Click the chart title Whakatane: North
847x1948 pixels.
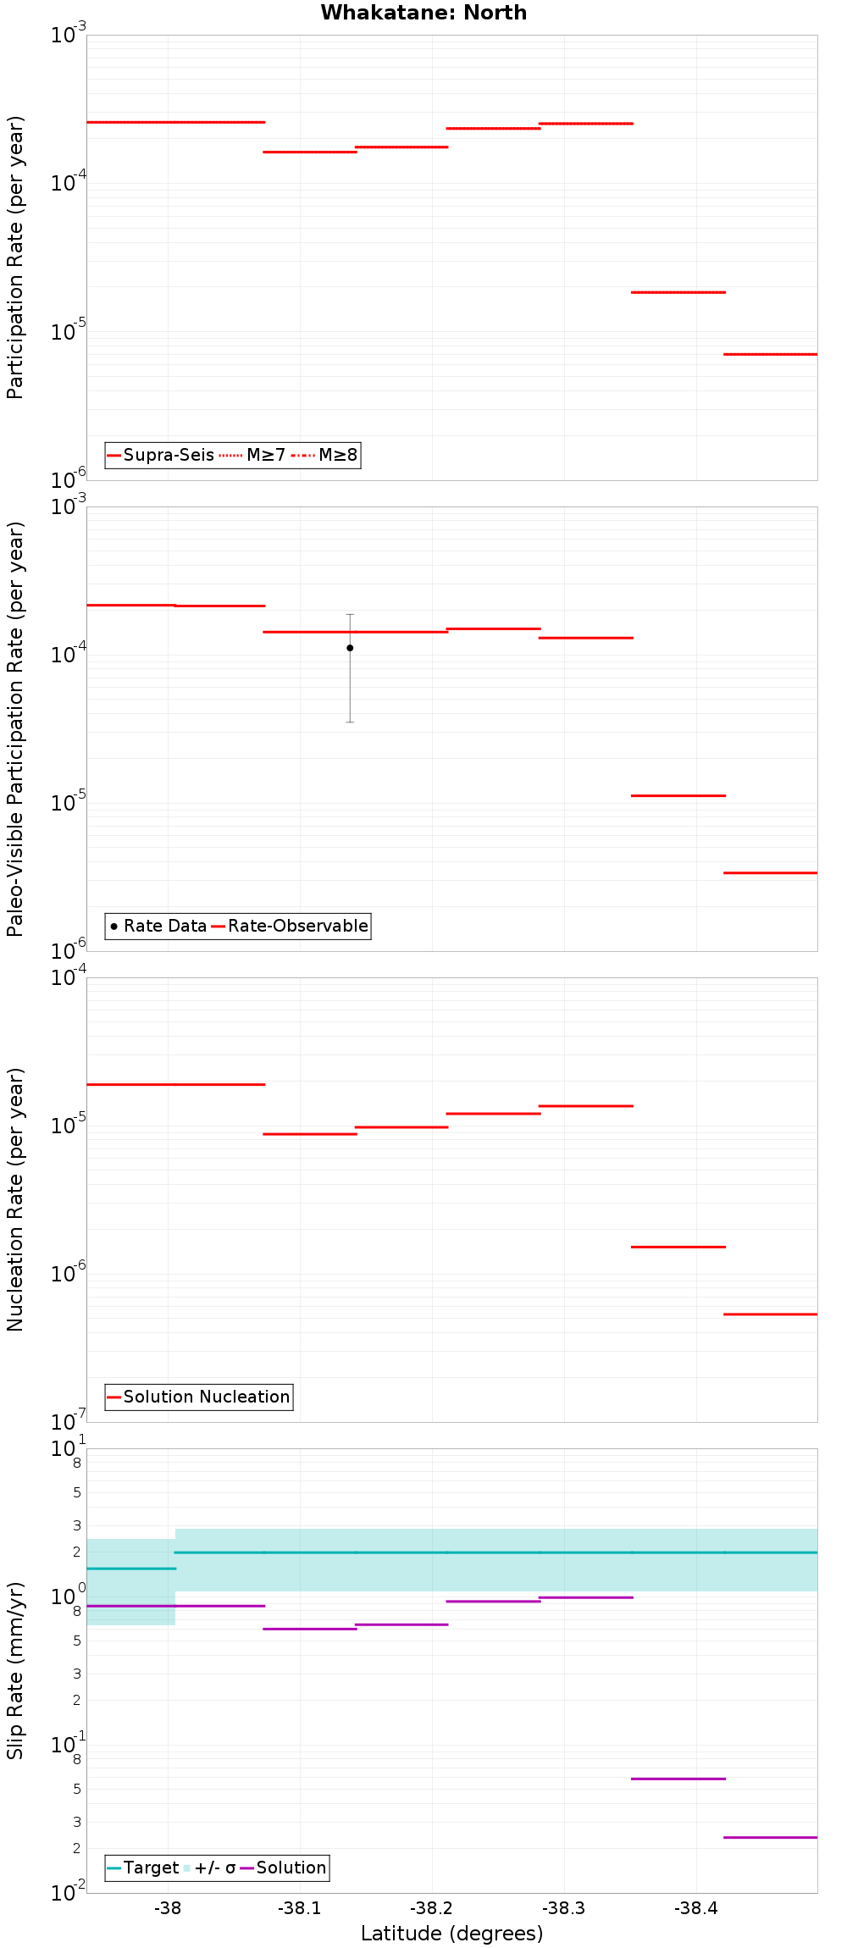pos(423,13)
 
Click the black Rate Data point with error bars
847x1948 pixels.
pos(350,648)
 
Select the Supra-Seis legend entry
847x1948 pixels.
pos(161,455)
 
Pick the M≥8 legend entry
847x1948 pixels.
pos(325,455)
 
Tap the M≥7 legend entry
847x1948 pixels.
pos(253,455)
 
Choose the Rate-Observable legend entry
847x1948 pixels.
pos(290,926)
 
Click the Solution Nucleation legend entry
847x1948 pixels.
pos(198,1397)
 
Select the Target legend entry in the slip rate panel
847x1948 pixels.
pos(142,1868)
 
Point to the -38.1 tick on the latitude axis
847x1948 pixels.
pos(300,1908)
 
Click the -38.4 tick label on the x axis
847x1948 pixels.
pos(696,1908)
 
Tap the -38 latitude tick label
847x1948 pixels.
pos(168,1908)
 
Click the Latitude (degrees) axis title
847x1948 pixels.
pos(451,1934)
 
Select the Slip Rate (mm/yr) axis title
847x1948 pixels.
pos(15,1670)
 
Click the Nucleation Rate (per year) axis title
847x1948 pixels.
pos(15,1199)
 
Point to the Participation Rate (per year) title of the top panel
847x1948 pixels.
pos(15,257)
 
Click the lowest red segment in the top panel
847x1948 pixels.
pos(770,354)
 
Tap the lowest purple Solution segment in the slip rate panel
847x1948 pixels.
pos(770,1837)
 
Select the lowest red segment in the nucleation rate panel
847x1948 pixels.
pos(770,1314)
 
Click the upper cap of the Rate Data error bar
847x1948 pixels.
pos(350,615)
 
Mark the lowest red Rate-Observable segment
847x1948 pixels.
pos(770,872)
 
